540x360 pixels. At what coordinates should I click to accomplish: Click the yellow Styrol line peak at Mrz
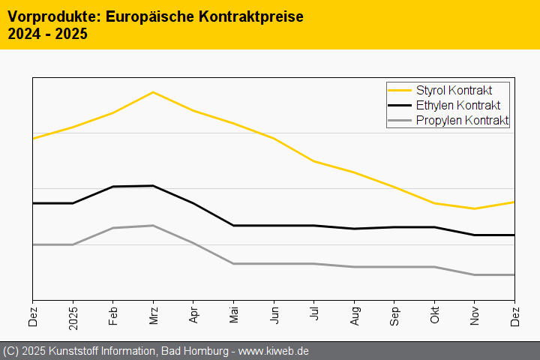click(x=153, y=92)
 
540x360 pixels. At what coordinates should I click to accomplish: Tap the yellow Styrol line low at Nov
click(x=475, y=208)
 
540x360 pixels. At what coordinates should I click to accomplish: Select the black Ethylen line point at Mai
click(x=234, y=226)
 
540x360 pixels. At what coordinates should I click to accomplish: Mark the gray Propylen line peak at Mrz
click(x=153, y=226)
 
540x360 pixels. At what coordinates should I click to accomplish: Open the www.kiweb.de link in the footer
click(x=274, y=351)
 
